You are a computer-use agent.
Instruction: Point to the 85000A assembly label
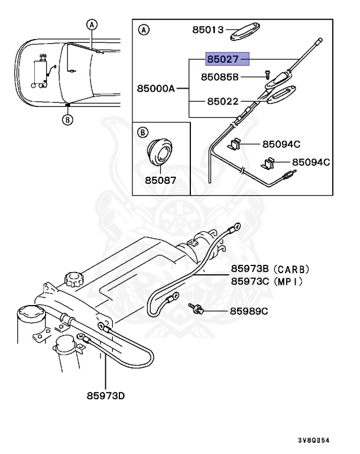[155, 89]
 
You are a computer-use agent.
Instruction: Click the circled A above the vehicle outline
[91, 24]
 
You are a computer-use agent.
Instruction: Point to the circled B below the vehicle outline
[67, 119]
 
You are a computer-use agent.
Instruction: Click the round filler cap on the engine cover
[73, 277]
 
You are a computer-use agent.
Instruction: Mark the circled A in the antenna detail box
[142, 30]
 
